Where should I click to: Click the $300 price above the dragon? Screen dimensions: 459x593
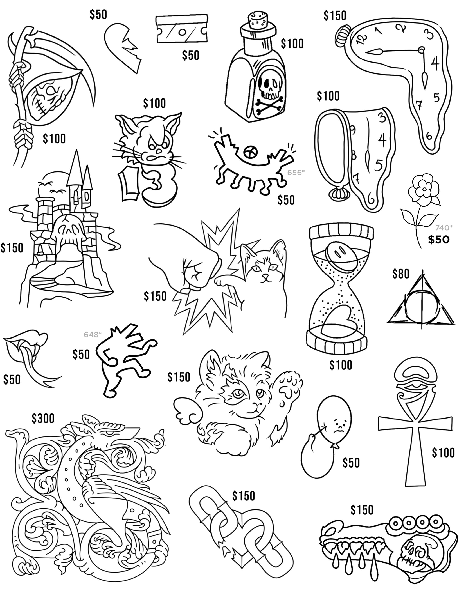pos(43,418)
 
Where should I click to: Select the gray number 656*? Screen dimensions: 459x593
pos(296,172)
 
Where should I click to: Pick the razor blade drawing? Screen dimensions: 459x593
pos(182,29)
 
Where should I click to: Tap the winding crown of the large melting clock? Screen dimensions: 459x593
pos(341,35)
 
